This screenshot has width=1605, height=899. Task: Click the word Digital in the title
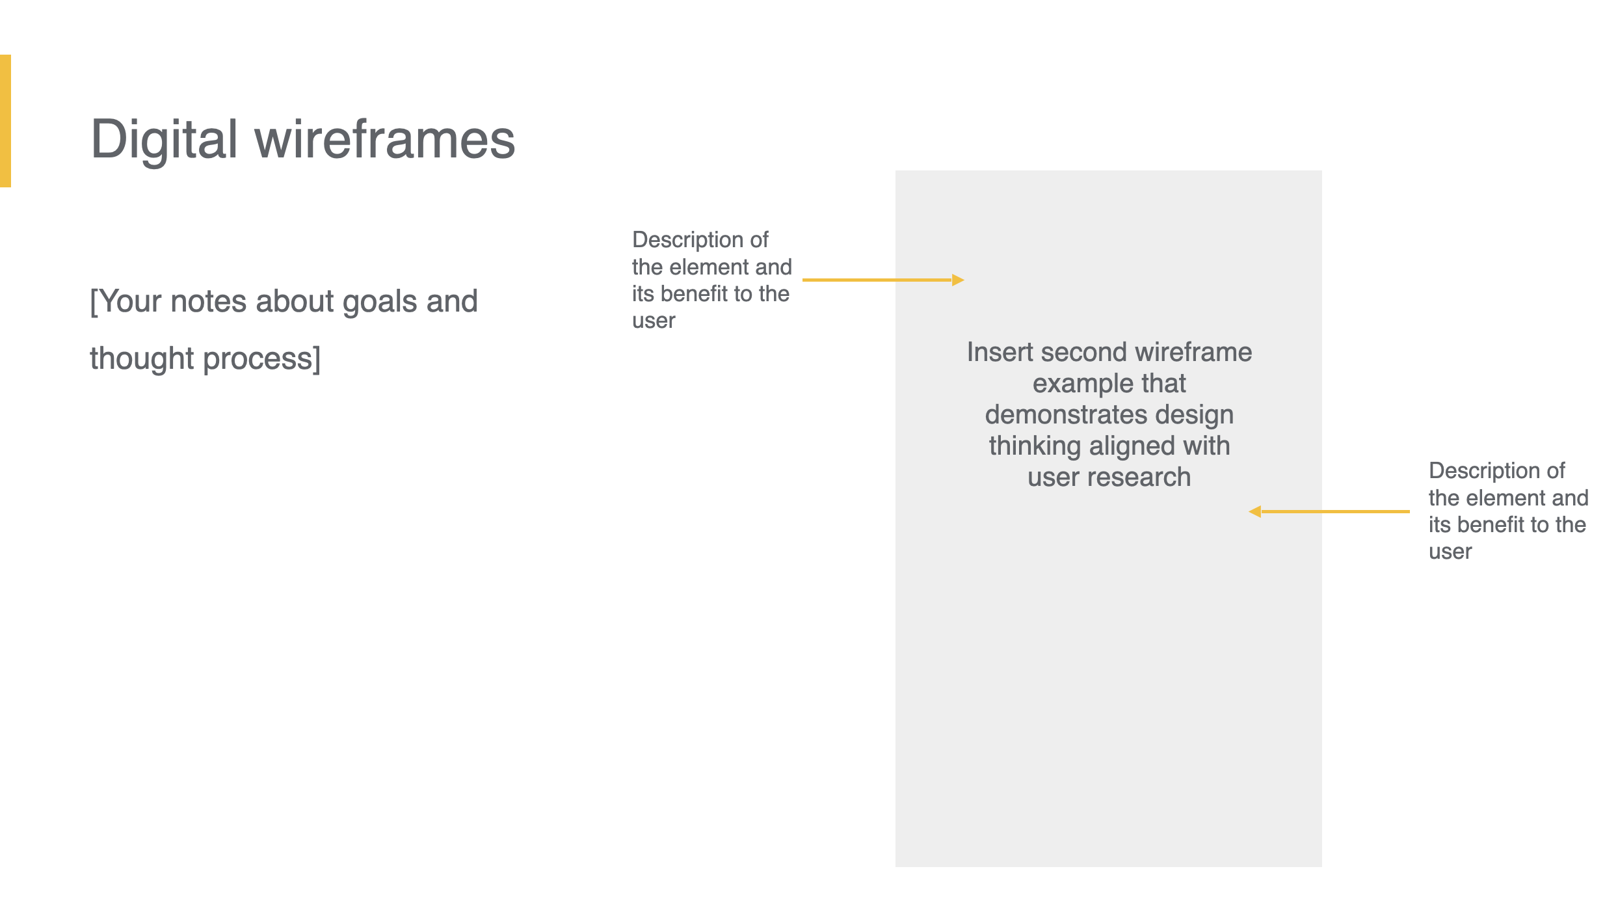point(165,139)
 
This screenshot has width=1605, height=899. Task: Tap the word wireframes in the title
point(385,139)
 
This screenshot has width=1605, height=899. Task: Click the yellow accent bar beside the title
point(5,121)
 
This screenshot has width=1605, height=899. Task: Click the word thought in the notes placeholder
point(142,359)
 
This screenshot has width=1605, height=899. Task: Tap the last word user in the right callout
point(1450,552)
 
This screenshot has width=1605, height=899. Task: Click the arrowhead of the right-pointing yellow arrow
point(958,280)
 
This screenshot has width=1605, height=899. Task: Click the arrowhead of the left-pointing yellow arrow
point(1255,512)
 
